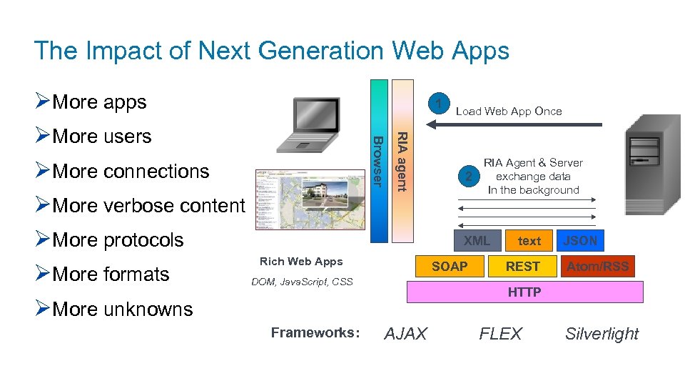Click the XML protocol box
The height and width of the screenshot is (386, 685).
476,241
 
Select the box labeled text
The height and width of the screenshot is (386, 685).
529,241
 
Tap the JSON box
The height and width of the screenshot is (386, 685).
580,241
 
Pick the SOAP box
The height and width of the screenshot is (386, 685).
450,267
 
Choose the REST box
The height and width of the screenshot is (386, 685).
523,267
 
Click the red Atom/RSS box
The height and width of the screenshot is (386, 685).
598,267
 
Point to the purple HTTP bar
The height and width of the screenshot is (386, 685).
524,292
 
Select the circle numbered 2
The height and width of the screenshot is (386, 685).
468,177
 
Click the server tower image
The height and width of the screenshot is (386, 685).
649,164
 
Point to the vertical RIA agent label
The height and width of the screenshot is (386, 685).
402,162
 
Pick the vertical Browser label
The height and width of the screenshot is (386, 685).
380,162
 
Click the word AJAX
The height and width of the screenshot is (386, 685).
406,334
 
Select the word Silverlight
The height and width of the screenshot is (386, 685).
602,334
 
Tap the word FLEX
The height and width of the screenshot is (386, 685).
500,334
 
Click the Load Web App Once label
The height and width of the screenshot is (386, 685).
509,111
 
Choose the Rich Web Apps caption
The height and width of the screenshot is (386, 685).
301,262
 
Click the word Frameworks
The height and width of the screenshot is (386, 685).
315,332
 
